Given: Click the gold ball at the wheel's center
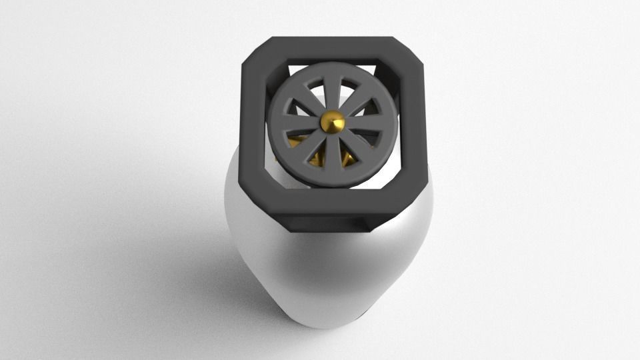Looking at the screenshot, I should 332,121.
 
